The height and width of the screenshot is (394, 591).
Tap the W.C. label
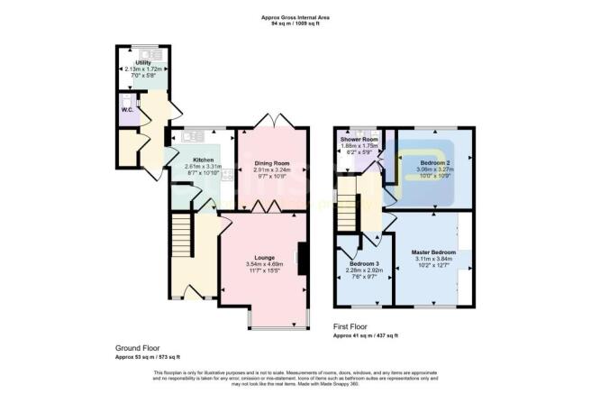pos(127,110)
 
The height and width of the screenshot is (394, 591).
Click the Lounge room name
pos(265,258)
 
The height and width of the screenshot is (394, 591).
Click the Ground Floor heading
pos(136,348)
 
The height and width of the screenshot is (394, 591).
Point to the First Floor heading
pos(353,325)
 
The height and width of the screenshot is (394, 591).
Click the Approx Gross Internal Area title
pos(294,16)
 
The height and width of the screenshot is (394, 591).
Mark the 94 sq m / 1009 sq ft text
pos(294,24)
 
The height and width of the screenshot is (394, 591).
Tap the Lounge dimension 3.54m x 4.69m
pos(265,264)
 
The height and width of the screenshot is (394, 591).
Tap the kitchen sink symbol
pos(190,138)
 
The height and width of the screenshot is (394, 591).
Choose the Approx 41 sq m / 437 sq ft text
pos(366,335)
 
